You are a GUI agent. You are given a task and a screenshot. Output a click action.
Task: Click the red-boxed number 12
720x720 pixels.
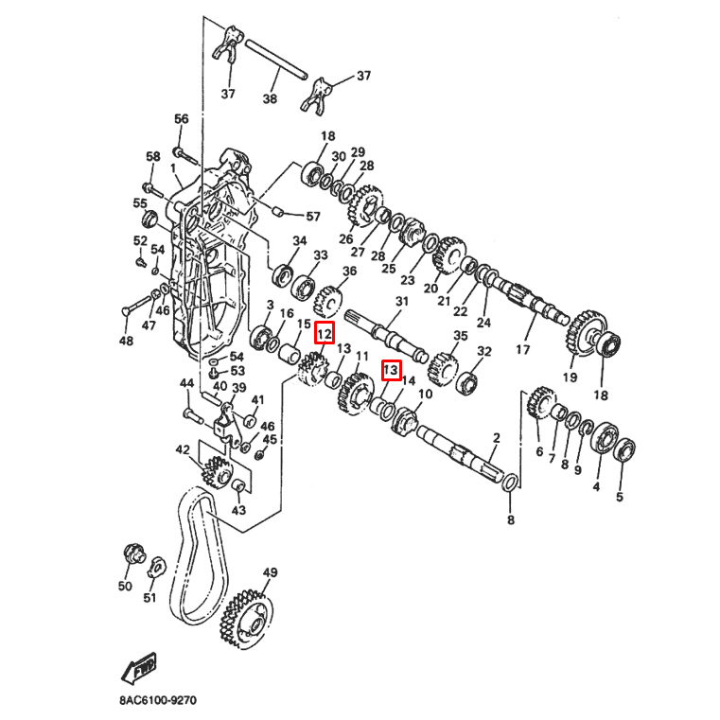coord(324,333)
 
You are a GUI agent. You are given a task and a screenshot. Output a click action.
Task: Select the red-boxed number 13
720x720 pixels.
coord(391,370)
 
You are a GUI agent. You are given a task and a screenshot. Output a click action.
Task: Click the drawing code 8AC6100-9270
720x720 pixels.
coord(158,701)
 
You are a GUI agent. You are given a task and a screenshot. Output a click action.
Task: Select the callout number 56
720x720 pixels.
coord(182,119)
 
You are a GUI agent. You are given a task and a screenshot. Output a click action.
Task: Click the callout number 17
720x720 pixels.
coord(522,350)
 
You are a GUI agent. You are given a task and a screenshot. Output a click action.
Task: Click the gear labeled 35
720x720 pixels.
coord(443,365)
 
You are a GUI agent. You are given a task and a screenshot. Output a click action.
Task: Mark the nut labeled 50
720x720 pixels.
coord(133,553)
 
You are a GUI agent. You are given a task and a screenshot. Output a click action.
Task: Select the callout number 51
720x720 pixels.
coord(149,597)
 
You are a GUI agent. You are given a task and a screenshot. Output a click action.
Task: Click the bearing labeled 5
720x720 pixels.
coord(626,449)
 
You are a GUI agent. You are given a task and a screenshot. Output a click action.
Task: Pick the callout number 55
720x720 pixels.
coord(140,203)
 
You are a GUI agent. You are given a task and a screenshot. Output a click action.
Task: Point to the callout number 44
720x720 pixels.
coord(187,383)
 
